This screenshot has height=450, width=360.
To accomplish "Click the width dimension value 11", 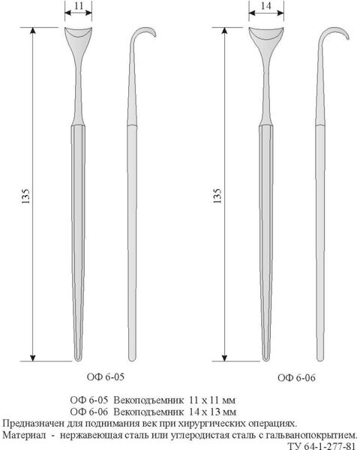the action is point(79,6).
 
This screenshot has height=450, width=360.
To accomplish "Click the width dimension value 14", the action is point(266,6).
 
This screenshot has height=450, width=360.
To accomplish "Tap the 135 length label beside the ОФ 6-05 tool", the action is point(25,196).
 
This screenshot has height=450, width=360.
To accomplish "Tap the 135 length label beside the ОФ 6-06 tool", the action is point(217,196).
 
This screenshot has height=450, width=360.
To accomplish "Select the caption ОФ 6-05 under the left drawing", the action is point(105,376).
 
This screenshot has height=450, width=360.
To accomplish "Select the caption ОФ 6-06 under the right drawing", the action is point(296,378).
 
